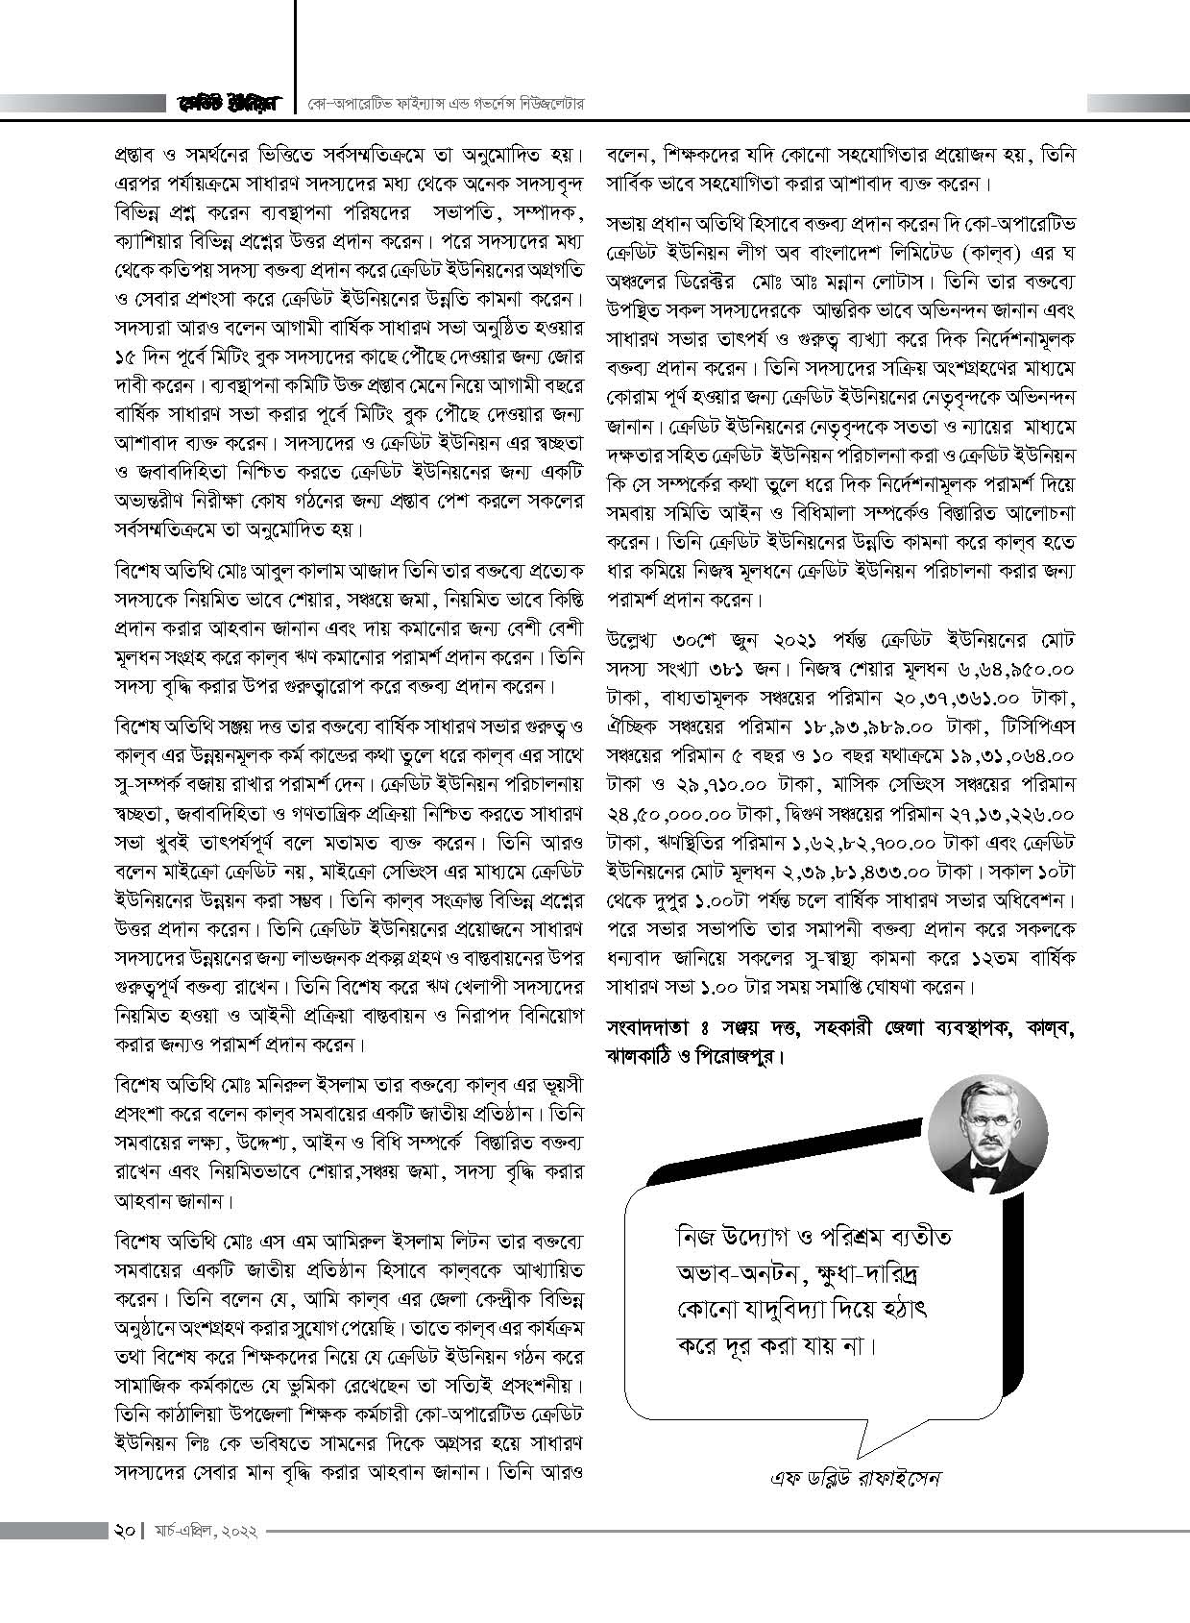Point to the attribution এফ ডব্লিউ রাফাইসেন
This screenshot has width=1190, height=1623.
tap(857, 1504)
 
